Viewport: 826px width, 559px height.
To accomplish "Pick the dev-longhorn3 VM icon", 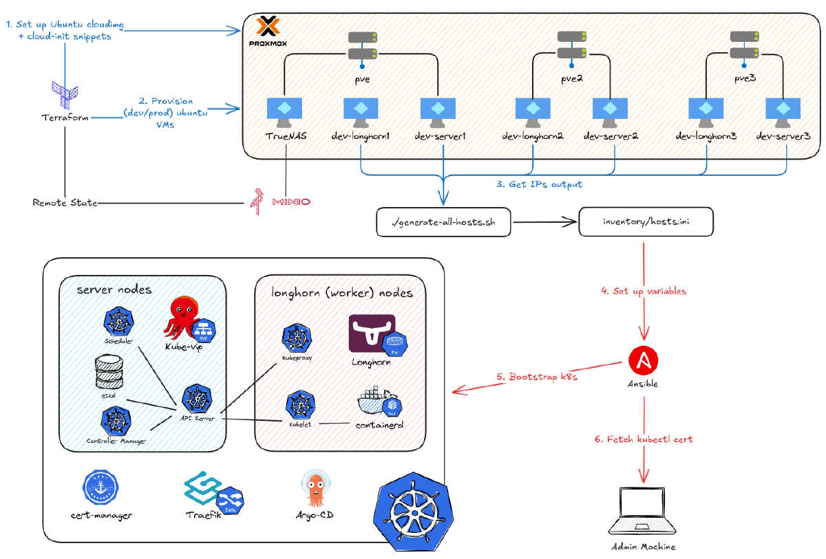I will (x=706, y=110).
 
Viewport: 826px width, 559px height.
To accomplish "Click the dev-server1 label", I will (x=441, y=136).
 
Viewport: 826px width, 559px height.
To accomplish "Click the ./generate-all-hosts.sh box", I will (x=443, y=222).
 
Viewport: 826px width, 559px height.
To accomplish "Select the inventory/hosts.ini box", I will (x=645, y=222).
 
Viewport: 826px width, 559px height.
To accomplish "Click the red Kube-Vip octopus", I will (x=183, y=318).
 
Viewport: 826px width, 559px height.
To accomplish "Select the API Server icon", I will (x=196, y=399).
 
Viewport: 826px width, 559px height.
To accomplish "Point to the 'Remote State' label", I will (x=65, y=203).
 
